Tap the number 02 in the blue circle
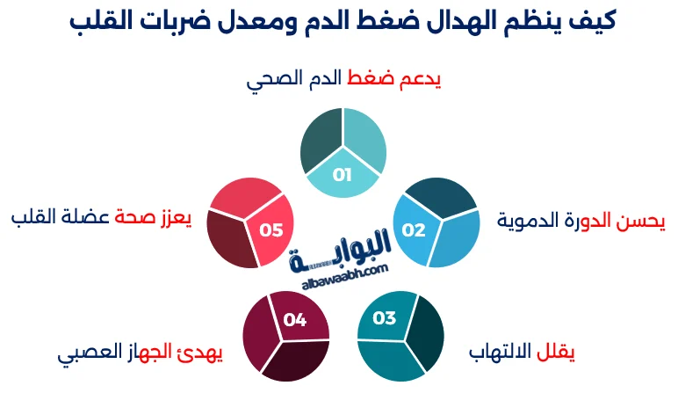pos(414,230)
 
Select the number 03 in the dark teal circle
pos(385,318)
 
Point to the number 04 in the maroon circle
pos(295,320)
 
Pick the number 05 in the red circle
pos(271,230)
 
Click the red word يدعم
pos(421,81)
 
